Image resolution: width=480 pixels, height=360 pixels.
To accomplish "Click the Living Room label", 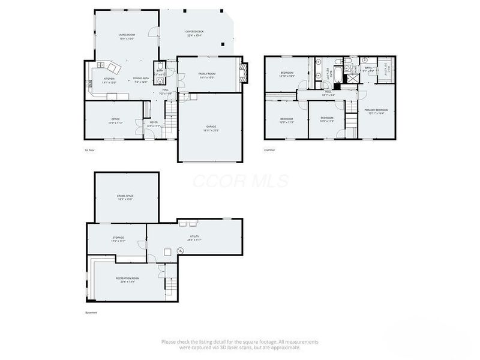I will click(x=126, y=37).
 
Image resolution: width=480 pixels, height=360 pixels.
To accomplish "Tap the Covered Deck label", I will click(x=194, y=33).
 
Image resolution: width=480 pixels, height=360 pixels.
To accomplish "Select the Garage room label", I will click(x=211, y=128).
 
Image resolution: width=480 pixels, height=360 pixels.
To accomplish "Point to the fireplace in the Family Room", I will click(x=243, y=73).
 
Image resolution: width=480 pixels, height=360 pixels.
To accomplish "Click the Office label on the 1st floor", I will click(x=115, y=121).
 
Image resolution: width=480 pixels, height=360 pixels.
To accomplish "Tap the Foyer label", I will click(x=154, y=124).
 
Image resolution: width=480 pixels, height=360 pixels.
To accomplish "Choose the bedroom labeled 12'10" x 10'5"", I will click(x=287, y=74).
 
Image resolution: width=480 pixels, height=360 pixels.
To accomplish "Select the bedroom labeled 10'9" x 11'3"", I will click(x=326, y=119).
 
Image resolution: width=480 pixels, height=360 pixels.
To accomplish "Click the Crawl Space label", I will click(x=126, y=197).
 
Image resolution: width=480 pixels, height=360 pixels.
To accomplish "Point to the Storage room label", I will click(x=118, y=239).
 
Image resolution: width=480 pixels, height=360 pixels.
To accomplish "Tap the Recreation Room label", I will click(x=127, y=280).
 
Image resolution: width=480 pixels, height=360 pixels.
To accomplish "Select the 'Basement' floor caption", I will click(x=91, y=313).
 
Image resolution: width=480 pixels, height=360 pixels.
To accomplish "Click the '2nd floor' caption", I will click(x=269, y=150).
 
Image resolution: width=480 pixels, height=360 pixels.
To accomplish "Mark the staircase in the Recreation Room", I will click(x=172, y=287).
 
